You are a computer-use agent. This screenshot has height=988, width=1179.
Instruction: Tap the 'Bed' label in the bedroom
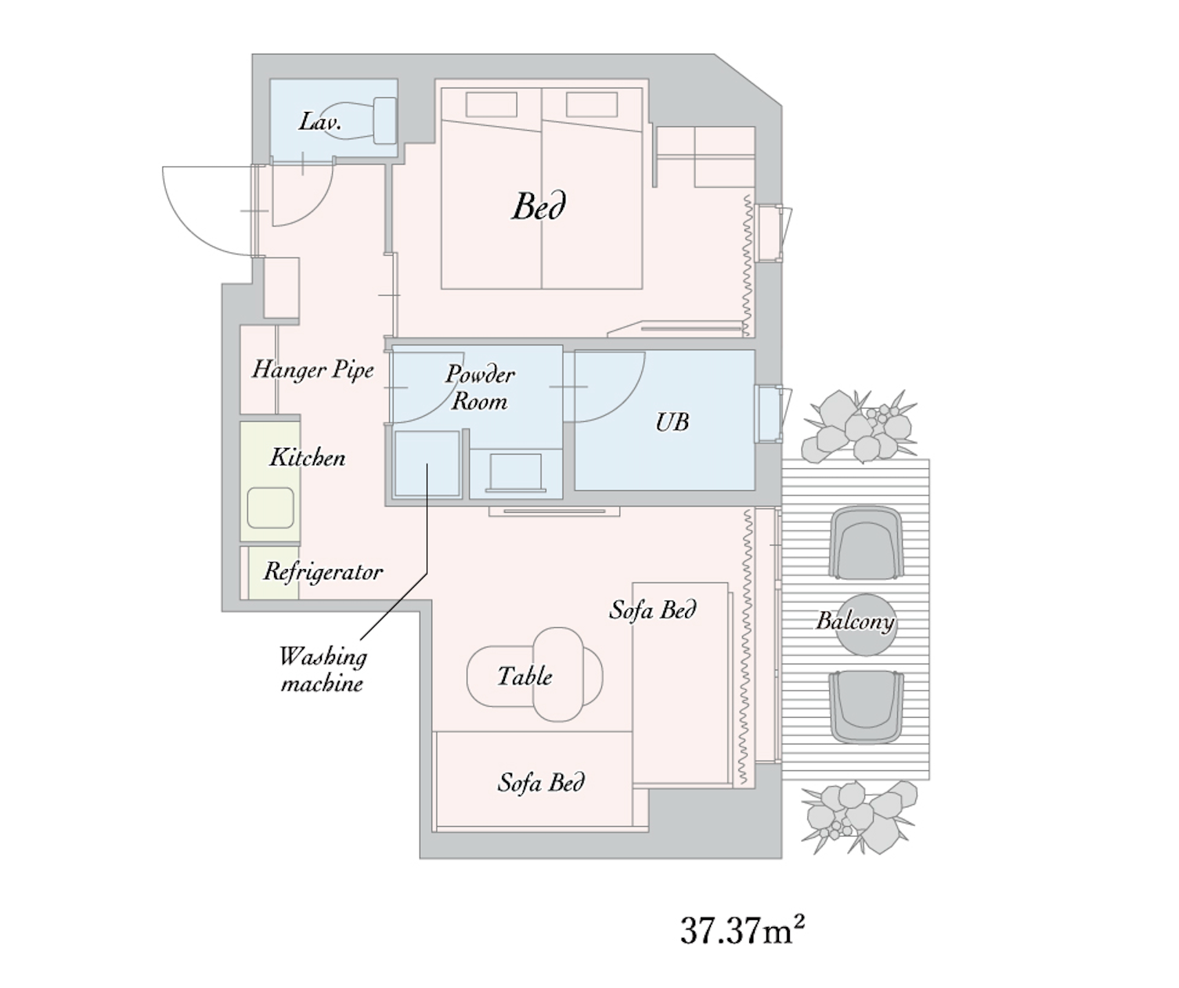(539, 206)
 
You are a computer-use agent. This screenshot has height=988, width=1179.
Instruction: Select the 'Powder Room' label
(480, 388)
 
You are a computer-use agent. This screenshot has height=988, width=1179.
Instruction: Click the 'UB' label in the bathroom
(672, 422)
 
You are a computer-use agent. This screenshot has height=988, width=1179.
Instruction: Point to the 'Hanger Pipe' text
(313, 370)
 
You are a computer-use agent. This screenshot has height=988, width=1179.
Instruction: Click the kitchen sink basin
(270, 507)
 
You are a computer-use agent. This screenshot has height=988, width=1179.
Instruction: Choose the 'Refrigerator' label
(323, 572)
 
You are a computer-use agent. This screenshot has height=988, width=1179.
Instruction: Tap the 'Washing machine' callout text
(323, 670)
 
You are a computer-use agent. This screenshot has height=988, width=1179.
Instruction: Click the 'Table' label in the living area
(525, 676)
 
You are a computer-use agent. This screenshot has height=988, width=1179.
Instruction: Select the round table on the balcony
(866, 625)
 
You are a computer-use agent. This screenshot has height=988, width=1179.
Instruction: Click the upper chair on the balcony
(866, 543)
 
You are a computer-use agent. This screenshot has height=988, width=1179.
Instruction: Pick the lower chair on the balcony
(866, 707)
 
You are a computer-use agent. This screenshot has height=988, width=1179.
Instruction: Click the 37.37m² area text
(742, 930)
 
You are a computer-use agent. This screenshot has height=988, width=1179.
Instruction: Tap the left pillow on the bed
(492, 104)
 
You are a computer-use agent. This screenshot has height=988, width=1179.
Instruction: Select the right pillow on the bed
(592, 104)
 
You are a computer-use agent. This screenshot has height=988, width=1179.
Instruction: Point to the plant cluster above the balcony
(859, 426)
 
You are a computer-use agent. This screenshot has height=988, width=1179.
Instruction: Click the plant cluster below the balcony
(859, 817)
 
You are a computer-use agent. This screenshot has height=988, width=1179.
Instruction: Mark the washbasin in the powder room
(516, 472)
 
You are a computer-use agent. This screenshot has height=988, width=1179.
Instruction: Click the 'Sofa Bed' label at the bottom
(541, 783)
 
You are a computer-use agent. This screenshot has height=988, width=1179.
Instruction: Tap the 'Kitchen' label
(308, 457)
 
